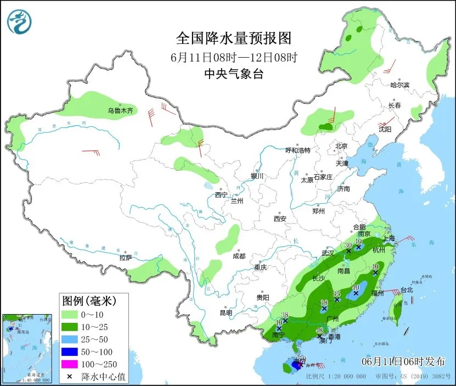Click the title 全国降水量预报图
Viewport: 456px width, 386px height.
(x=233, y=38)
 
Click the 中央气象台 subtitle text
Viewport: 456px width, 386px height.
(x=233, y=74)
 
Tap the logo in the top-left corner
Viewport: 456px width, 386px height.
(x=19, y=21)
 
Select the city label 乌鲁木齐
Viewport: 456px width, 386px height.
(x=120, y=111)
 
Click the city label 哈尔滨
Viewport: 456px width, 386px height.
(x=399, y=85)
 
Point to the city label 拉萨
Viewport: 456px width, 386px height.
(x=126, y=258)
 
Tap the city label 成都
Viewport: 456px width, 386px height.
(x=239, y=256)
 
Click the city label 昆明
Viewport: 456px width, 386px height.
(x=226, y=313)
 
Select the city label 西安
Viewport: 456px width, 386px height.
(x=280, y=219)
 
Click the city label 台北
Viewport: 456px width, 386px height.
(x=406, y=289)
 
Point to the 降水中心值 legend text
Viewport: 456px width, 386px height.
(x=101, y=377)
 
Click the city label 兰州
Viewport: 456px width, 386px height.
(x=237, y=201)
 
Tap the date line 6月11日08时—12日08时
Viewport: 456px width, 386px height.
(x=233, y=57)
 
